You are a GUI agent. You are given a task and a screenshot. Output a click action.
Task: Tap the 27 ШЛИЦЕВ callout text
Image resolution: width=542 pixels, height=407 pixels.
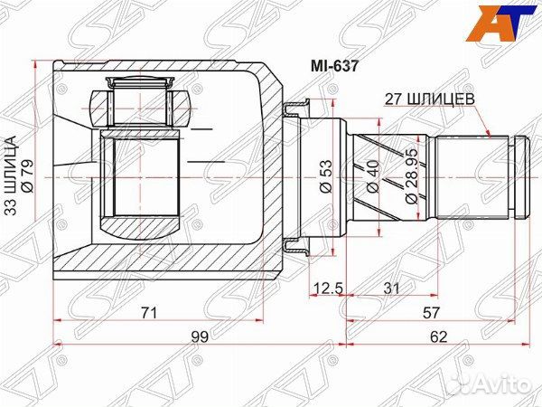point(433,101)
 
